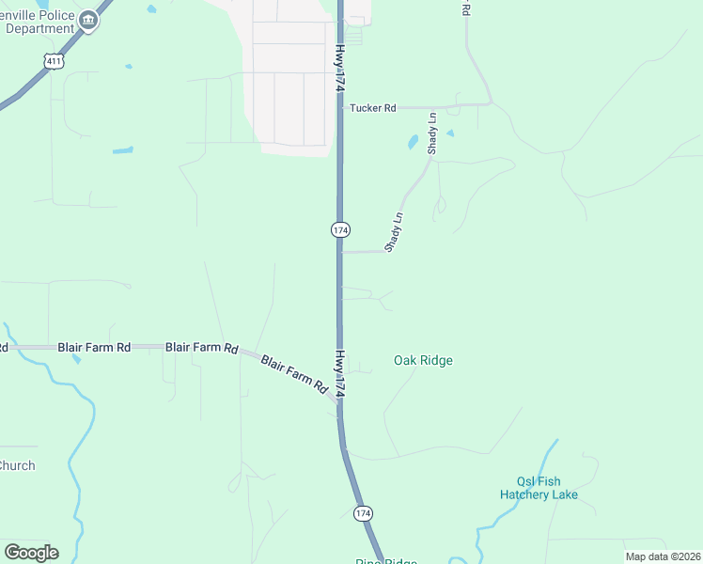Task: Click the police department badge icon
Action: (87, 21)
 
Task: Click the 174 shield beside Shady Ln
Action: (340, 229)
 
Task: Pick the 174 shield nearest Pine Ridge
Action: (363, 513)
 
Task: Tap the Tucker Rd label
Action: (372, 108)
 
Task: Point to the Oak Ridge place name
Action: (423, 360)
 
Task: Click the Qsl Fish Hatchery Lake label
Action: (539, 487)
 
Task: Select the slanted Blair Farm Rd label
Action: (293, 374)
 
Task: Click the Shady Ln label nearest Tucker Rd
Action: (433, 133)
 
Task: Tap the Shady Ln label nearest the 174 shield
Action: (394, 232)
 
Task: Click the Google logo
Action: (31, 553)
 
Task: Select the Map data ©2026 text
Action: (663, 556)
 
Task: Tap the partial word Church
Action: (16, 465)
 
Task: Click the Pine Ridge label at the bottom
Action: (385, 561)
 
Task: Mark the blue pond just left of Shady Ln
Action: (413, 143)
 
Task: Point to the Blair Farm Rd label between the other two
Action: (201, 347)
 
